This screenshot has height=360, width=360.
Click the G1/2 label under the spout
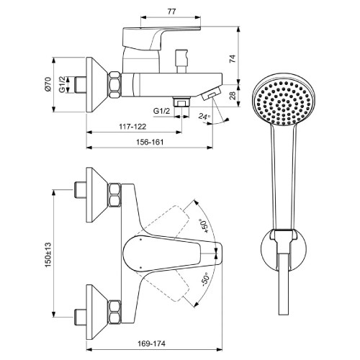tap(161, 111)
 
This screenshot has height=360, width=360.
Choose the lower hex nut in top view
tap(114, 311)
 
